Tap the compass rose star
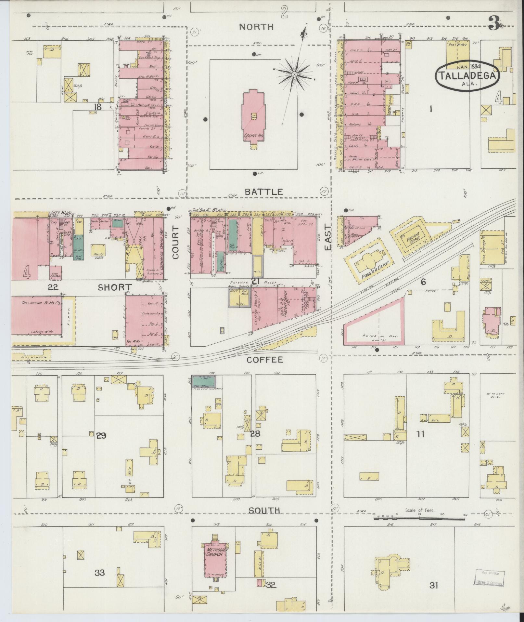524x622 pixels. (x=294, y=75)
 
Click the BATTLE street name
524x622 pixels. (x=264, y=192)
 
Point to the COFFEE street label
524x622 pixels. (x=265, y=360)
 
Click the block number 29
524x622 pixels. (x=101, y=435)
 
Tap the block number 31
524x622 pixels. (x=433, y=586)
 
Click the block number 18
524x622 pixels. (x=97, y=107)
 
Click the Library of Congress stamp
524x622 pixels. (x=490, y=577)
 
